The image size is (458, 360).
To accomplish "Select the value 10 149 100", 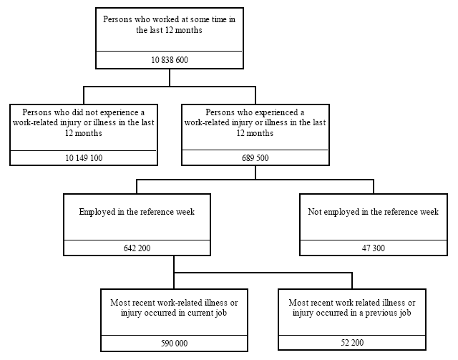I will (83, 158).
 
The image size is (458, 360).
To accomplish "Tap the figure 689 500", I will (255, 158).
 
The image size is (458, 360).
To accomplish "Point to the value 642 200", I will (137, 248).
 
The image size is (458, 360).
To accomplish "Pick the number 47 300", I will (373, 248).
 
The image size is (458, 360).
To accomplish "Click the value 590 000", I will (173, 344).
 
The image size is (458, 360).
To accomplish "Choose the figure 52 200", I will (351, 344).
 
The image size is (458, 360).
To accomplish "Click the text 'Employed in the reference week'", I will (137, 213).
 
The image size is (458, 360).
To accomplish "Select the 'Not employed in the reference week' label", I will (373, 213).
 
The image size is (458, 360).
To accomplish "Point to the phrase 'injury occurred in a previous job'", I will (351, 313).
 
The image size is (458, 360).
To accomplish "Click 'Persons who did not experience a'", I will (83, 113).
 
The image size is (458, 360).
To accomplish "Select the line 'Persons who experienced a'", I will (255, 113).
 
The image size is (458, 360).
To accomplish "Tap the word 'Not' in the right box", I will (314, 213).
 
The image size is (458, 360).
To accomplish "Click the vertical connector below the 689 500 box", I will (255, 172).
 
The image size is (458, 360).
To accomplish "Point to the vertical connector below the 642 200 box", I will (174, 264).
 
